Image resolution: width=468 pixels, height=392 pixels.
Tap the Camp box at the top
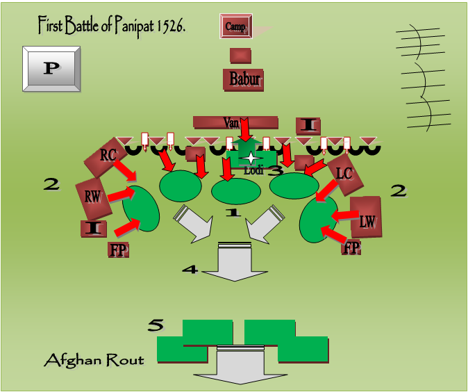pyautogui.click(x=235, y=27)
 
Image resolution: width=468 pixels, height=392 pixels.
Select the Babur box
pyautogui.click(x=244, y=80)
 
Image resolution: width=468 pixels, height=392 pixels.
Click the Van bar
pyautogui.click(x=231, y=122)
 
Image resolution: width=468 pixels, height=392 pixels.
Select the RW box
pyautogui.click(x=93, y=197)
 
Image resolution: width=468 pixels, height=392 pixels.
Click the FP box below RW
pyautogui.click(x=119, y=249)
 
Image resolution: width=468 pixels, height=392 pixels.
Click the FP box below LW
pyautogui.click(x=351, y=247)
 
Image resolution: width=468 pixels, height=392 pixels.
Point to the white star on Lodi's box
pyautogui.click(x=249, y=158)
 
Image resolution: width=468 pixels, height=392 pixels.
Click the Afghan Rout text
pyautogui.click(x=94, y=360)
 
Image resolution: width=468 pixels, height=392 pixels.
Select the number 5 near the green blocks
pyautogui.click(x=156, y=325)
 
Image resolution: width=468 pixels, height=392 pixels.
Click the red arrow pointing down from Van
pyautogui.click(x=244, y=130)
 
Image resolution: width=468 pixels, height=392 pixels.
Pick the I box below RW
pyautogui.click(x=94, y=227)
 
